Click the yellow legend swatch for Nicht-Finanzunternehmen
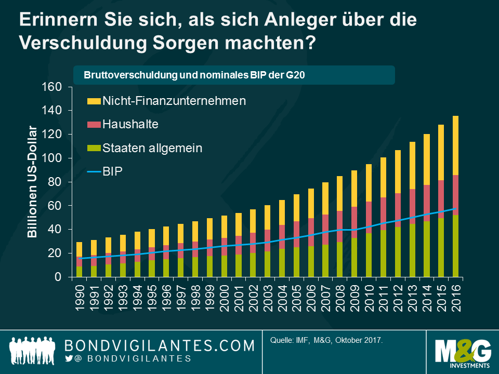coord(93,101)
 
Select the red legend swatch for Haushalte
coord(93,125)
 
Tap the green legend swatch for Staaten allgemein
coord(93,149)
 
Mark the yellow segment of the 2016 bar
coord(455,145)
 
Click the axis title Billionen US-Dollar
coord(33,182)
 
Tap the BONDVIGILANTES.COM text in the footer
coord(159,345)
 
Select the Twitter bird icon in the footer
coord(69,358)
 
